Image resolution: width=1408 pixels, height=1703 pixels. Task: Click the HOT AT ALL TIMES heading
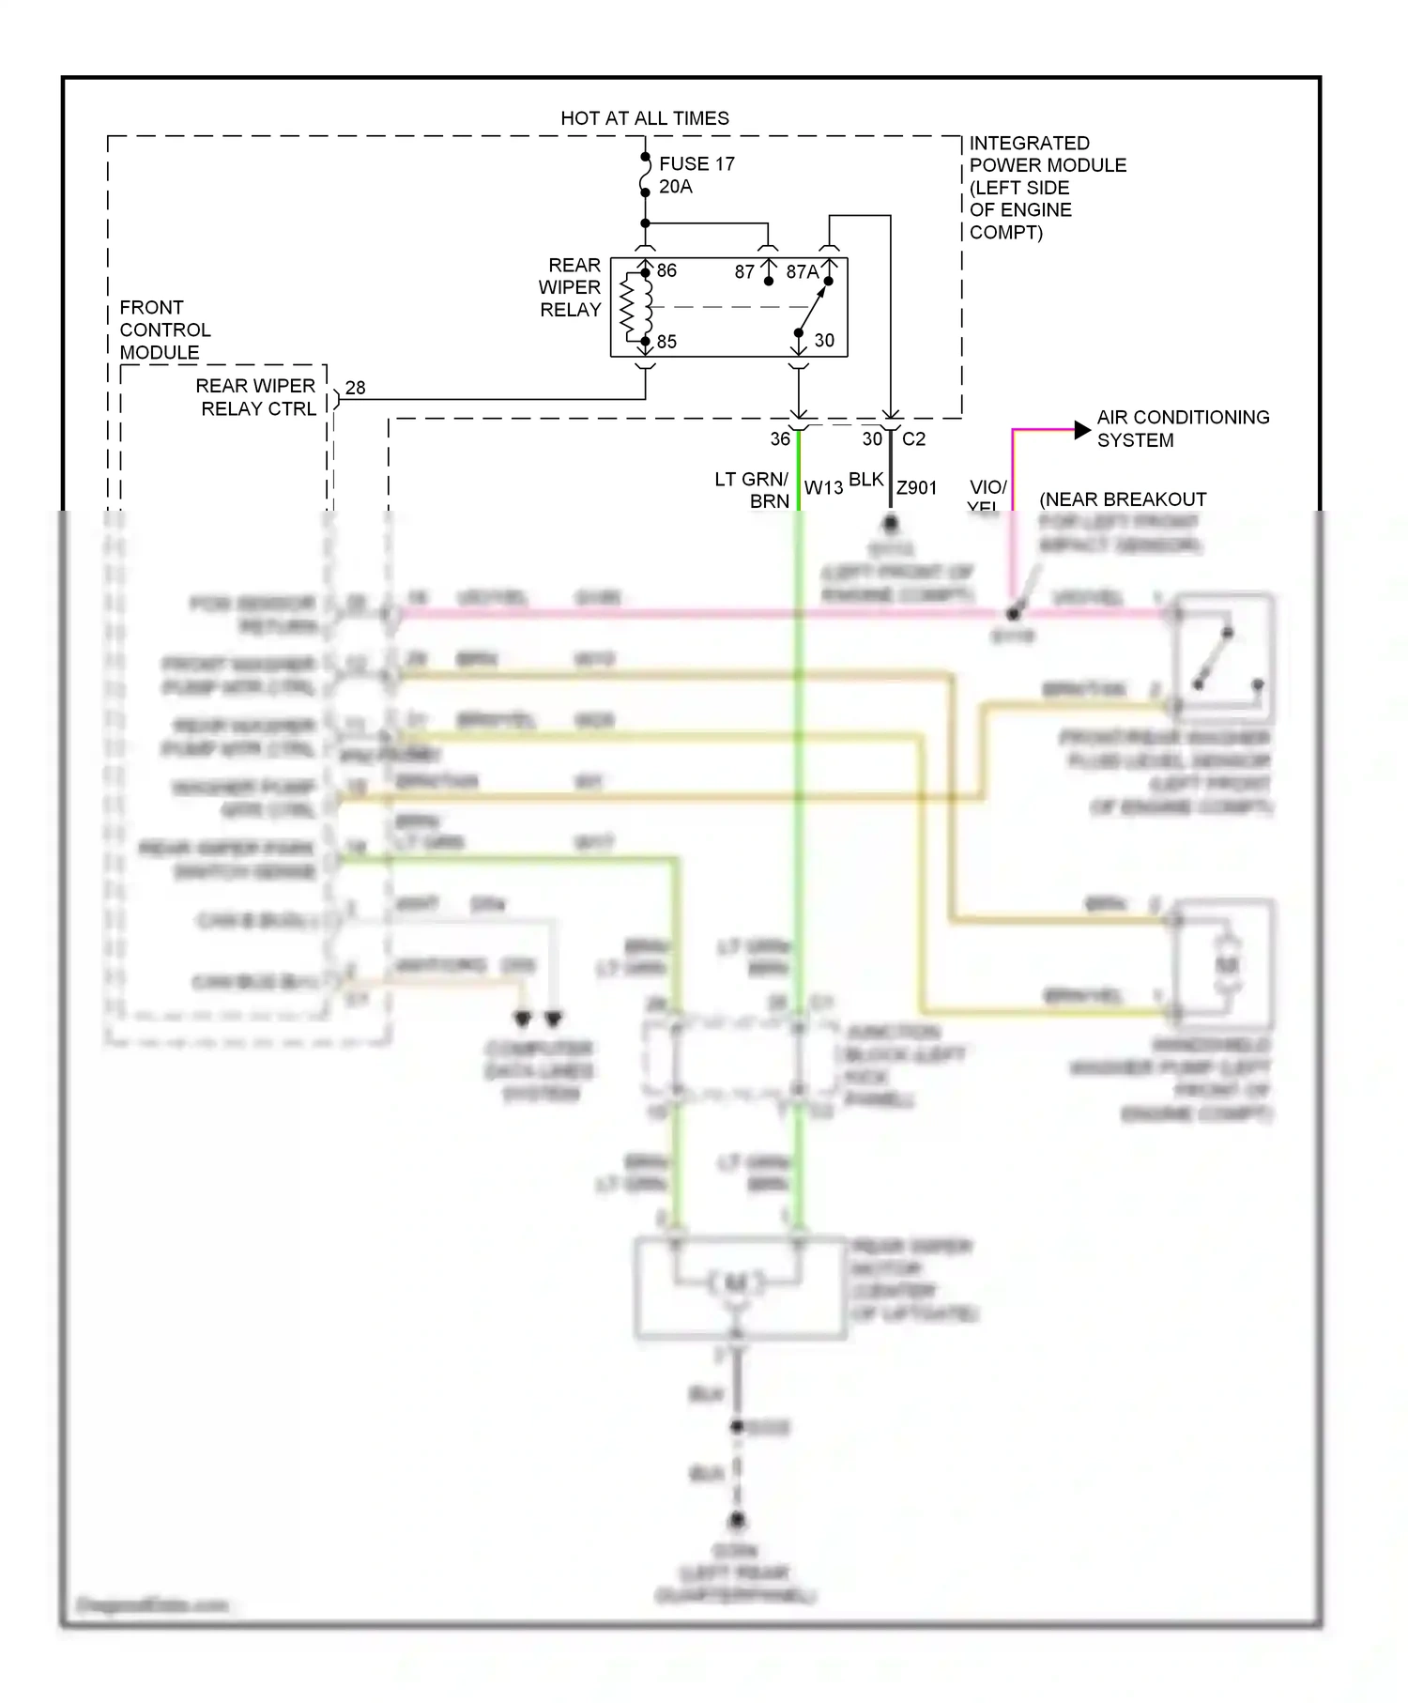coord(644,118)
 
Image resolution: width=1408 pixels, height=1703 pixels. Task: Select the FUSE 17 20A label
coord(696,175)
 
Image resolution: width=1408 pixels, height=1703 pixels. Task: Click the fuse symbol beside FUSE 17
coord(645,176)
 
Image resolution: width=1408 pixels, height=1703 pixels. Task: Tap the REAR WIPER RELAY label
coord(570,287)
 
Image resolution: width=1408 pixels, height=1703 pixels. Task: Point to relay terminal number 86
coord(666,270)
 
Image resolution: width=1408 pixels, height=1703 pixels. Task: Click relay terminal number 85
coord(666,342)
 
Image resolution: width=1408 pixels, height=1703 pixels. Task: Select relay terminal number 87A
coord(802,272)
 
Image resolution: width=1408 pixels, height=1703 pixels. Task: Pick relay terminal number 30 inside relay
coord(824,340)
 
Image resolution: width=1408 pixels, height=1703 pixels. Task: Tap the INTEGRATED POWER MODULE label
coord(1046,188)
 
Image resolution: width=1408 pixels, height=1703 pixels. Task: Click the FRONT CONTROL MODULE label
coord(164,330)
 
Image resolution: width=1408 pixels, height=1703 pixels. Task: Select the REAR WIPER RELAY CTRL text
coord(256,397)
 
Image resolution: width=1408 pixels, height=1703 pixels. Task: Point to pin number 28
coord(355,388)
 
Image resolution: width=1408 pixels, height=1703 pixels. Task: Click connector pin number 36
coord(780,438)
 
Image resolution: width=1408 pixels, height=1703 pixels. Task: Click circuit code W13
coord(823,487)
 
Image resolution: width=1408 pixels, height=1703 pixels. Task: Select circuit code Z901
coord(916,487)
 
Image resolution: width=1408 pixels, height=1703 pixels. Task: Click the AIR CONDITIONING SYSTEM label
coord(1182,428)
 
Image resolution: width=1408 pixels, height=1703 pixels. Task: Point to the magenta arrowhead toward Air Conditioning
coord(1081,430)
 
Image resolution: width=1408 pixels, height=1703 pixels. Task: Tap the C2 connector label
coord(913,438)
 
